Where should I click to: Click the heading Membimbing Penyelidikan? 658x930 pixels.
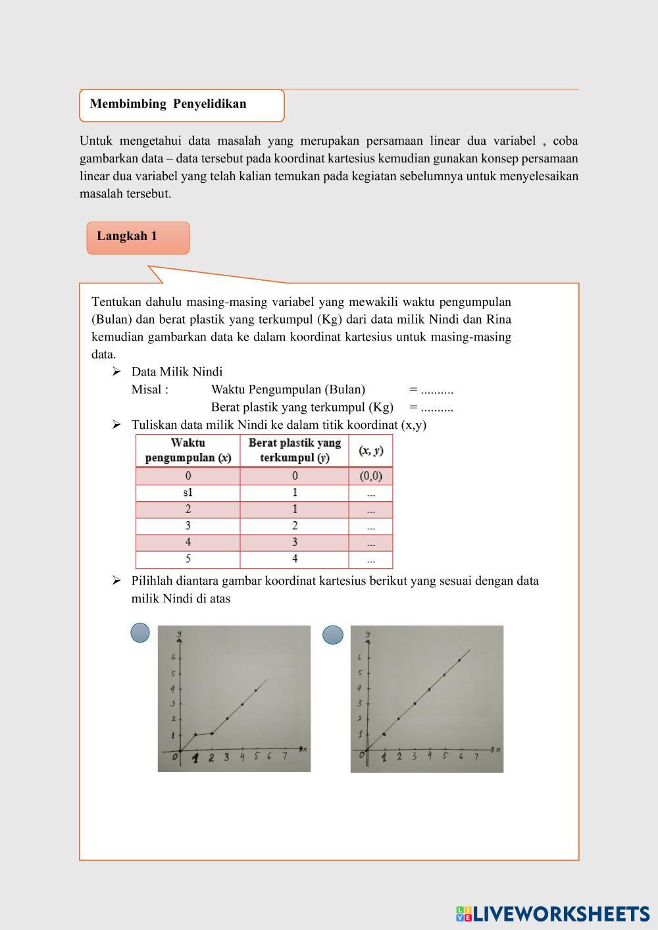click(168, 104)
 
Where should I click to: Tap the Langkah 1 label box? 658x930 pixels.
click(127, 236)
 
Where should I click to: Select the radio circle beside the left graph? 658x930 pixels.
click(140, 633)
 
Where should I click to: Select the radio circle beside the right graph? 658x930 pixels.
click(333, 635)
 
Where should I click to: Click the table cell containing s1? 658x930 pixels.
click(188, 493)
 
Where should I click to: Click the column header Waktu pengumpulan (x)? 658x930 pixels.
click(188, 451)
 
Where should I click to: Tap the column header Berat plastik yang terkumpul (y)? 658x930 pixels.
click(294, 451)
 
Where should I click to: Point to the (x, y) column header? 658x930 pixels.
click(370, 451)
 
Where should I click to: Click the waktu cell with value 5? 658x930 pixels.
click(188, 559)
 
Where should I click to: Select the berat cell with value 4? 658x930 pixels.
click(294, 559)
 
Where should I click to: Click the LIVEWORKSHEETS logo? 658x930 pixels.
click(552, 914)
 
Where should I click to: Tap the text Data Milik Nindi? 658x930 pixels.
click(176, 372)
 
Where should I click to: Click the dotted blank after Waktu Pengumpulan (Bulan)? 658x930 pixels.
click(437, 389)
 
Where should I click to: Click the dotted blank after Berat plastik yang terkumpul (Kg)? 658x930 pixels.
click(437, 407)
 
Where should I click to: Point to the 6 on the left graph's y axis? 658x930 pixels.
click(173, 658)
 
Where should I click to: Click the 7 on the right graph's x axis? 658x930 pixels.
click(477, 756)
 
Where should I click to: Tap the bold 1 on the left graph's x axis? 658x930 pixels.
click(195, 758)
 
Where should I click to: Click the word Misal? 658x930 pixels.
click(149, 389)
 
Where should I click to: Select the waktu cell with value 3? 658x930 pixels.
click(188, 526)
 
